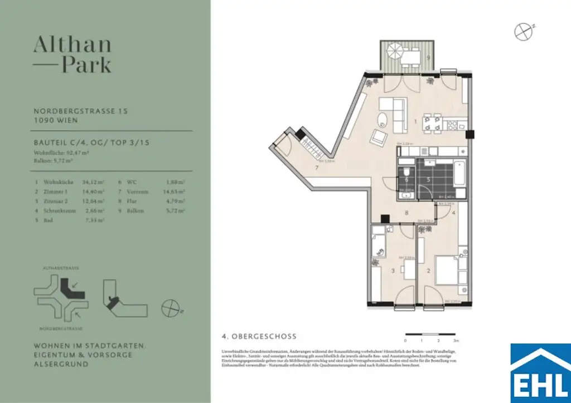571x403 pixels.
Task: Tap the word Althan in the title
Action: pos(72,45)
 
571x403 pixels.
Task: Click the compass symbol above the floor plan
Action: pos(522,32)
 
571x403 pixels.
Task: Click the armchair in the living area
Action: pos(381,137)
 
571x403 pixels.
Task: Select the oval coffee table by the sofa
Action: pos(383,119)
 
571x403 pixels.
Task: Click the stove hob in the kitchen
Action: pos(454,124)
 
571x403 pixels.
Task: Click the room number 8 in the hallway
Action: pos(407,212)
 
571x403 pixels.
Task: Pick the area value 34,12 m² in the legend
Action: pos(94,182)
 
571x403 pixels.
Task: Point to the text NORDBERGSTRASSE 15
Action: pos(81,111)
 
